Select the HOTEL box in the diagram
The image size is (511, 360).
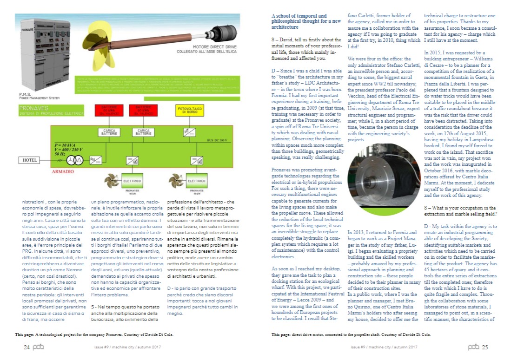pyautogui.click(x=30, y=160)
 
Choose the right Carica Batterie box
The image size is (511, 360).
pyautogui.click(x=143, y=132)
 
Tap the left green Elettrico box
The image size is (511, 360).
pyautogui.click(x=132, y=180)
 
